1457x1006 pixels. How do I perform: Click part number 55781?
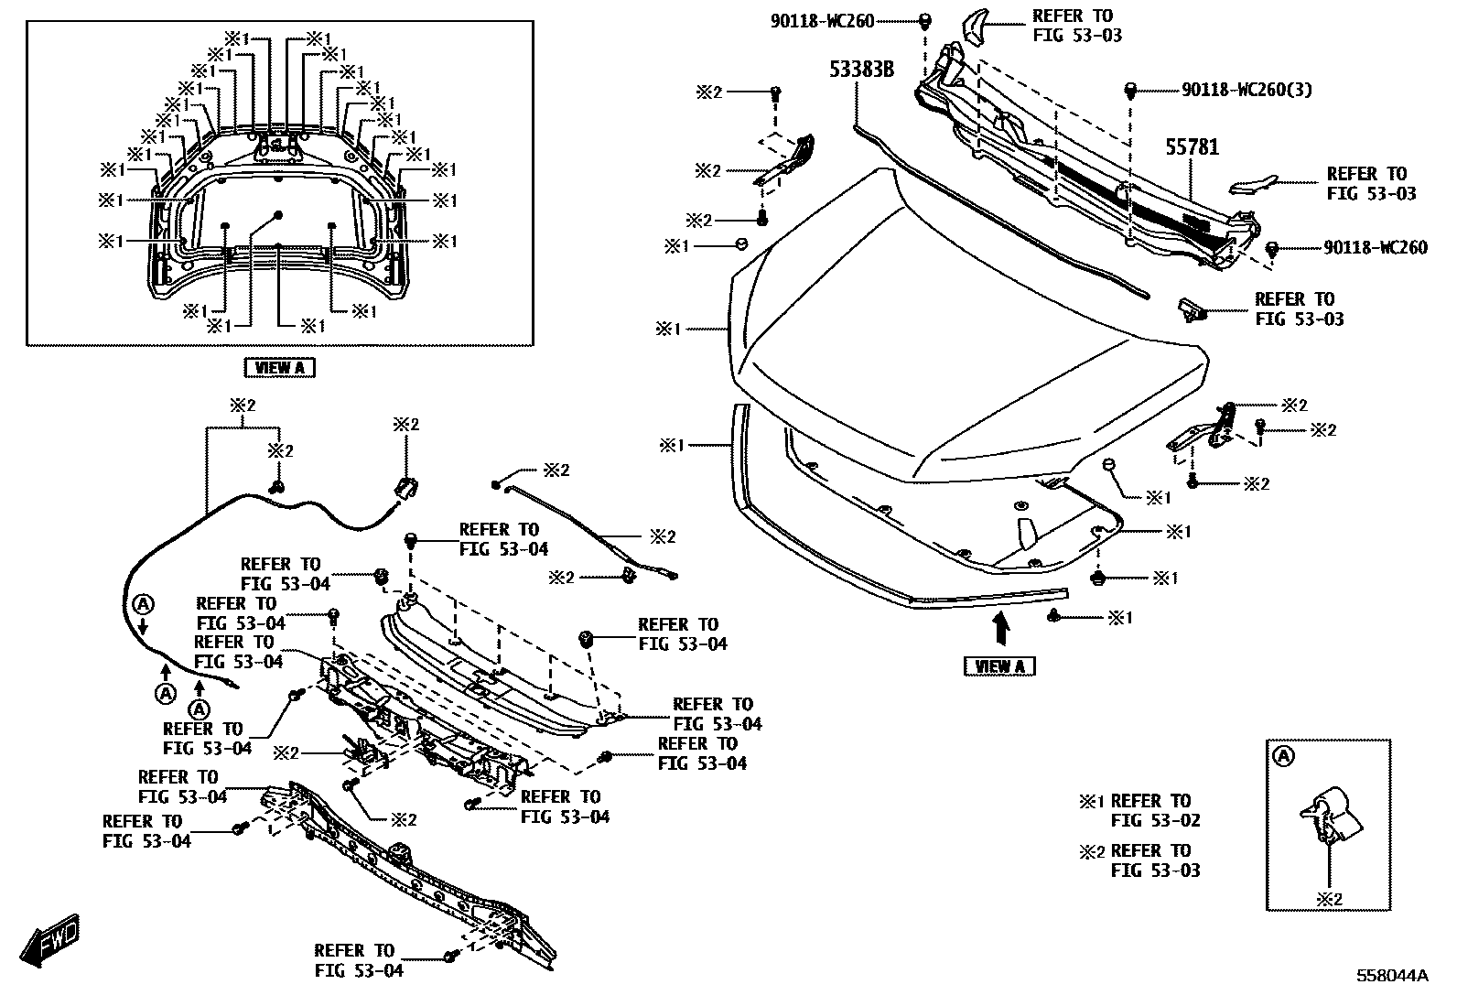[x=1192, y=146]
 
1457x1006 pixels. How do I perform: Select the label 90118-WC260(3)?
[x=1247, y=90]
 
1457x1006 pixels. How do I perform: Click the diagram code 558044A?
[x=1391, y=976]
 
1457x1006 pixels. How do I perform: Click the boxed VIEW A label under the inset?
[x=279, y=368]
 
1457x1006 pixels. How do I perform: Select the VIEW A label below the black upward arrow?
[x=999, y=666]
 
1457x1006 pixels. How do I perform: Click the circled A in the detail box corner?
[x=1283, y=756]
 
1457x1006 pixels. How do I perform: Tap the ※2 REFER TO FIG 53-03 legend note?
[x=1140, y=860]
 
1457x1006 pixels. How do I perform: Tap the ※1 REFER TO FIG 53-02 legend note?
[x=1140, y=810]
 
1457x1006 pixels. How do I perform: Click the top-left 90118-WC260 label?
[x=822, y=19]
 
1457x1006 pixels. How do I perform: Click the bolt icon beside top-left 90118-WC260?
[x=924, y=19]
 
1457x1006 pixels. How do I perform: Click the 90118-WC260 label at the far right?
[x=1375, y=248]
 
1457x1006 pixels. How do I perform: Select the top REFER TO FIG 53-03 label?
[x=1076, y=26]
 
